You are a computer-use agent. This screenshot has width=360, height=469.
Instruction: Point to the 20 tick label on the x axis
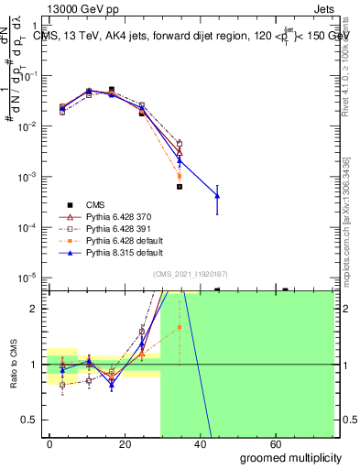tap(126, 443)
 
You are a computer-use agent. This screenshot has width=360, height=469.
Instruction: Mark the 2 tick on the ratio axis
tap(36, 309)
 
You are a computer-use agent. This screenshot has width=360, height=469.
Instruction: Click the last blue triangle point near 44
tap(217, 195)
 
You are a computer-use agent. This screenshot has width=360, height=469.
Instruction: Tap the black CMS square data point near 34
tap(180, 187)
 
